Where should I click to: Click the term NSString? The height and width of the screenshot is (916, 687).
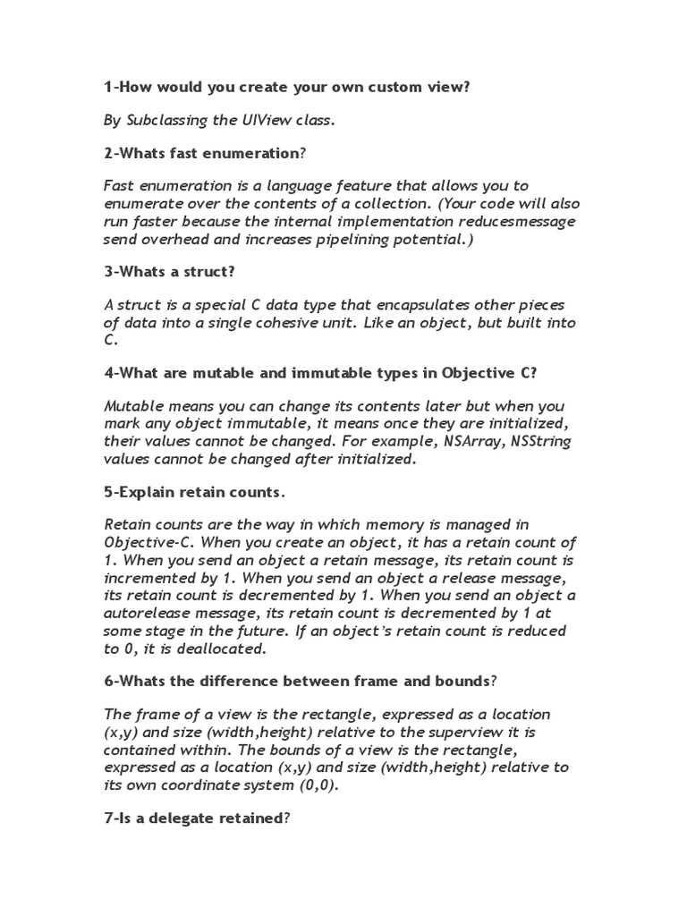(x=540, y=442)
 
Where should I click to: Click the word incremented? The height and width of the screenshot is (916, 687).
(x=149, y=578)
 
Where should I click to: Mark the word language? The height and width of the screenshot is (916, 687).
(x=312, y=185)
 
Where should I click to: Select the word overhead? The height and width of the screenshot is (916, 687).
(x=176, y=239)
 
